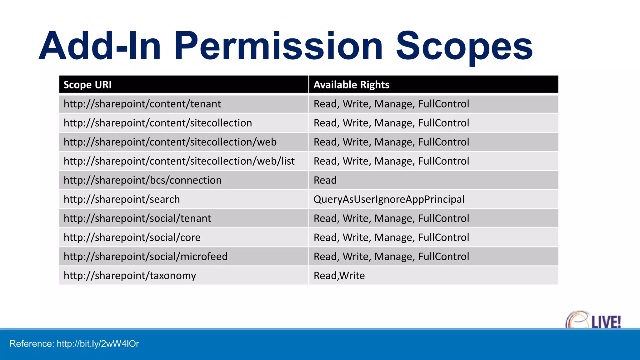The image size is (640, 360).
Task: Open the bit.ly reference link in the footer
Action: [98, 344]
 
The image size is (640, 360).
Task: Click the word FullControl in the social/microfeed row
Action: [443, 256]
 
